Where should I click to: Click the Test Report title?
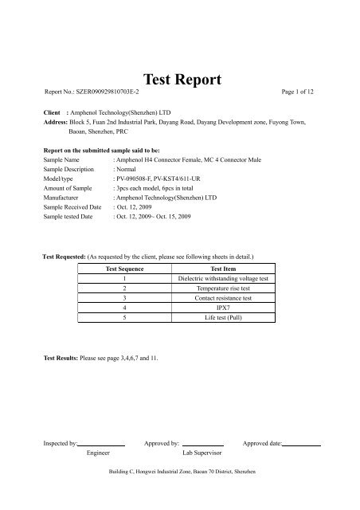click(180, 79)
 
